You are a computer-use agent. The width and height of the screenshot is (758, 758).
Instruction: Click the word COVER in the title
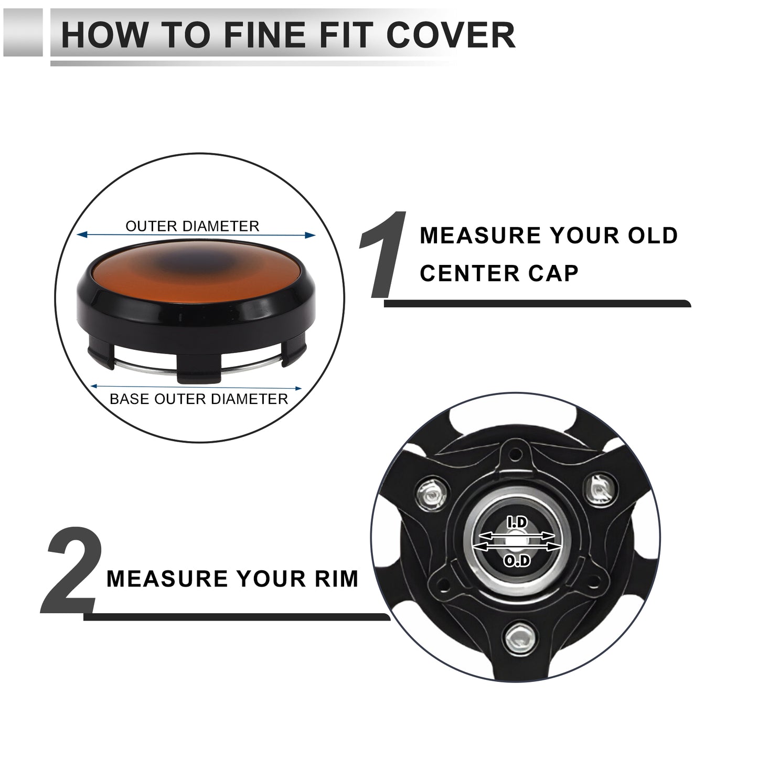click(x=451, y=35)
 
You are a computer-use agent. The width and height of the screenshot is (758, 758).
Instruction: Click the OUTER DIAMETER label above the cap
click(x=193, y=226)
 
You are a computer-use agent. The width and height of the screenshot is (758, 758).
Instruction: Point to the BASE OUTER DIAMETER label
click(x=199, y=399)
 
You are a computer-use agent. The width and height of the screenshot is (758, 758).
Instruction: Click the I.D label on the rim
click(x=517, y=522)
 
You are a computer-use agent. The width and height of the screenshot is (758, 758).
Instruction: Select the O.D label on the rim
click(x=517, y=561)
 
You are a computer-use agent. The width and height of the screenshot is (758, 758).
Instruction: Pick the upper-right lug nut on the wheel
click(x=599, y=489)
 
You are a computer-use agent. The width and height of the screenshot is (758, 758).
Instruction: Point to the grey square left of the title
click(x=23, y=32)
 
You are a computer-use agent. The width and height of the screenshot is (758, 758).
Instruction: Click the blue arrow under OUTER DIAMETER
click(x=196, y=235)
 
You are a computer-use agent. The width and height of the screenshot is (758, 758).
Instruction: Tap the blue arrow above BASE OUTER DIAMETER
click(x=196, y=388)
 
